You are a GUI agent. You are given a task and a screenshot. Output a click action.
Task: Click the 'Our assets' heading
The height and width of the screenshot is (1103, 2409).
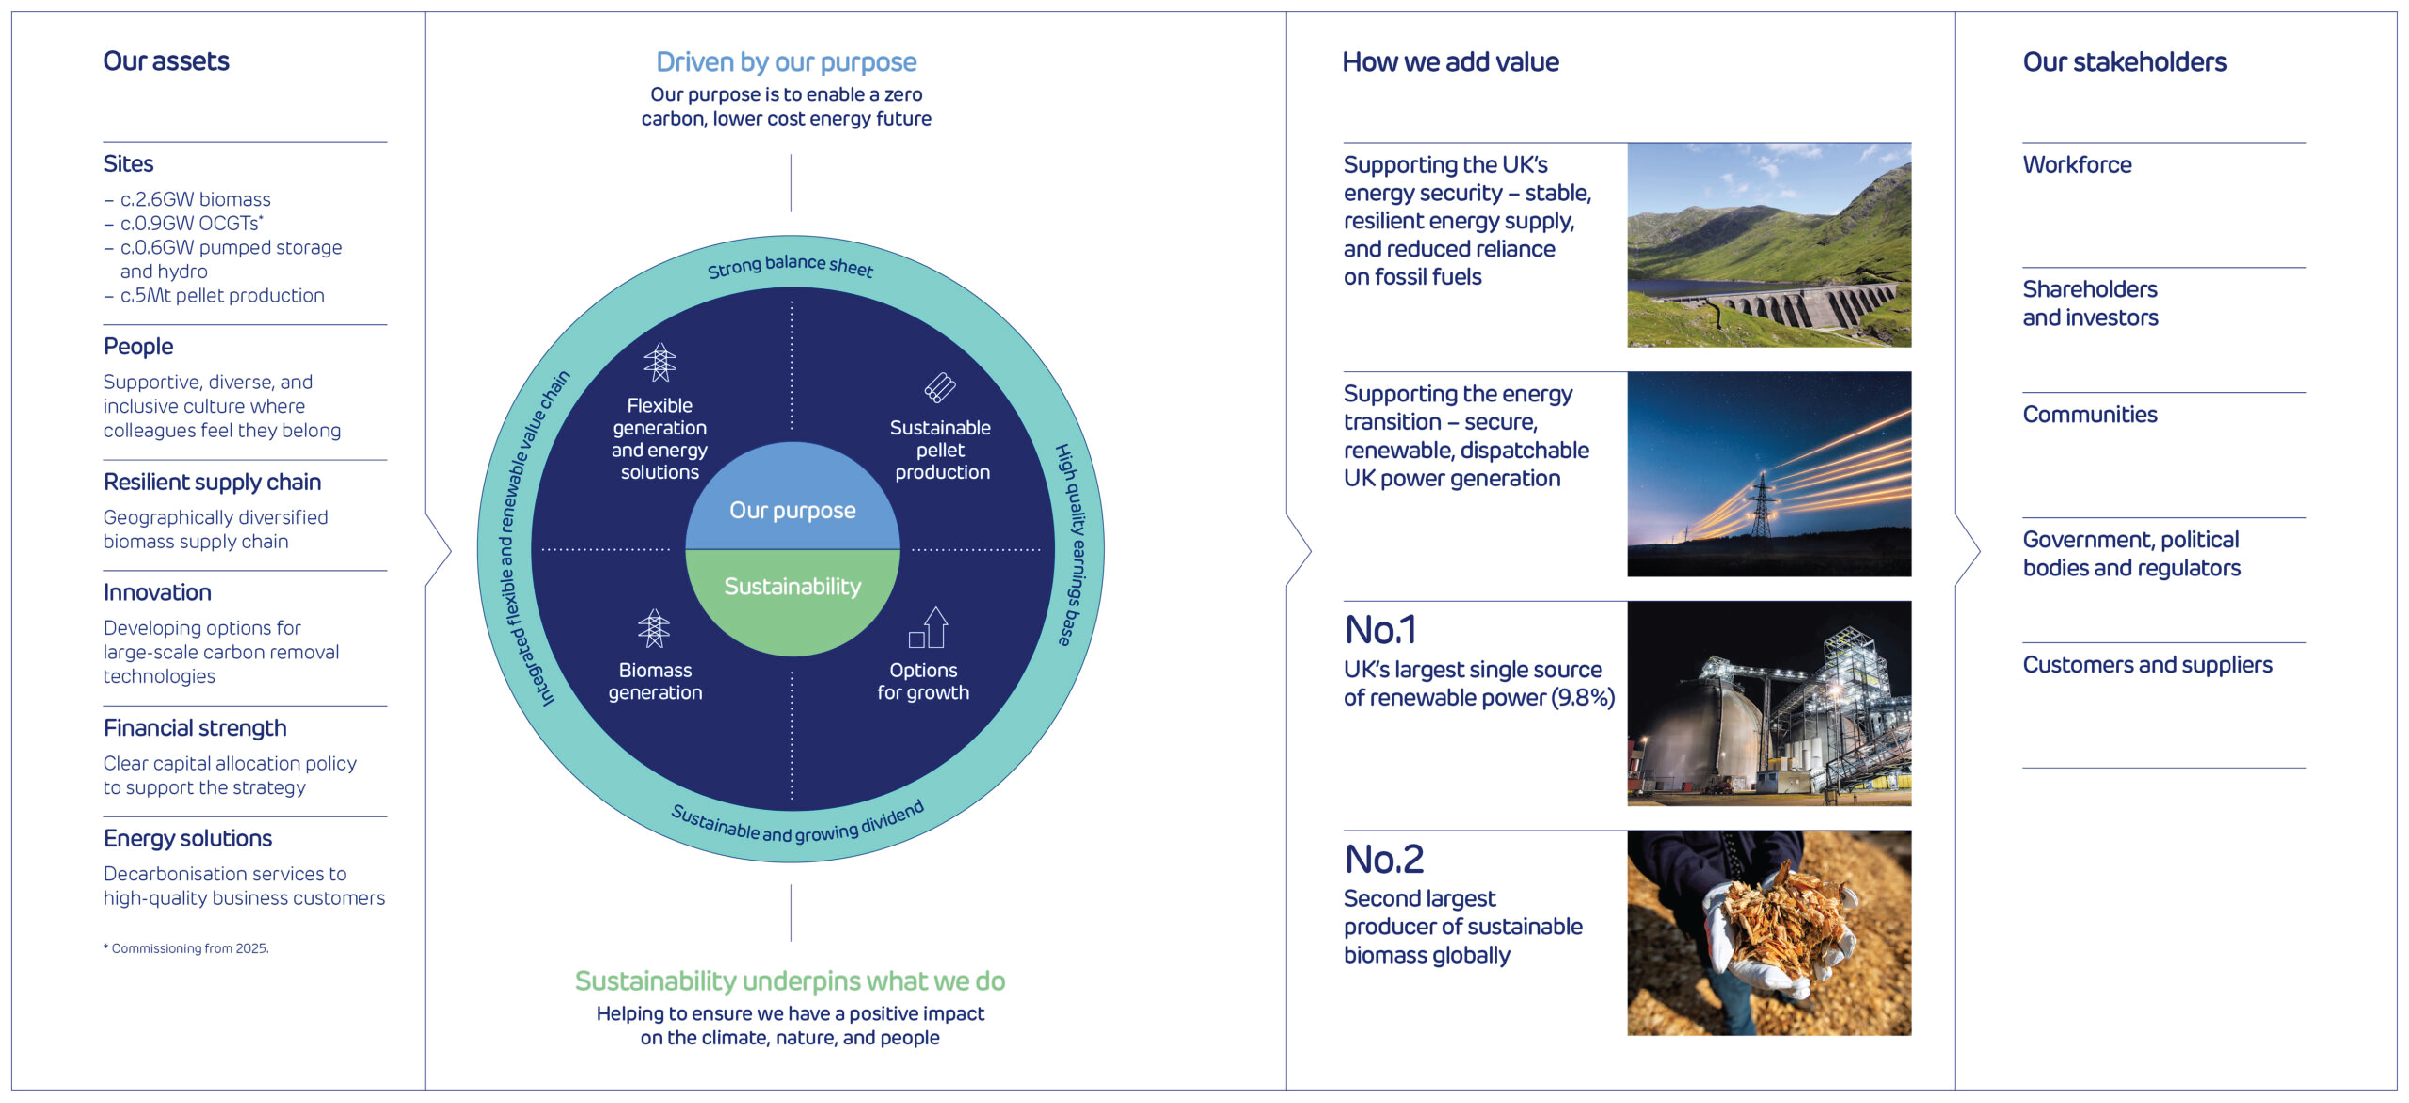tap(165, 62)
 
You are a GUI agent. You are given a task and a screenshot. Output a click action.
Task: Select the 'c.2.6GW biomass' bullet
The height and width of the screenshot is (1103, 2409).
tap(195, 199)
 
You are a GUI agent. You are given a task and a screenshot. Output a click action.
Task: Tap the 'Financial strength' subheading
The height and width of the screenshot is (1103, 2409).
tap(195, 728)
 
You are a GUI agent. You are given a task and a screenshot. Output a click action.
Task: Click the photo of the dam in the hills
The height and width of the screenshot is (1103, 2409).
tap(1768, 245)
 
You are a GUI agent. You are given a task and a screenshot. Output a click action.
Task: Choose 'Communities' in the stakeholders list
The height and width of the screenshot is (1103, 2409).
tap(2089, 414)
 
